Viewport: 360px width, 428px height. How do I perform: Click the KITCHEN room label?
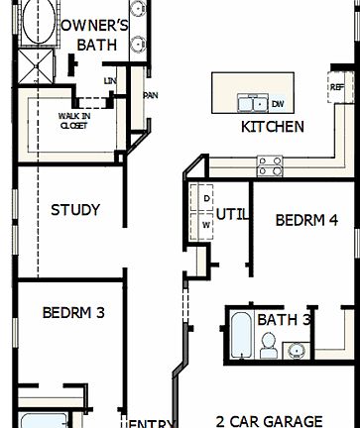(x=273, y=127)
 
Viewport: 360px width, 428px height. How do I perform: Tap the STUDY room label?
(x=75, y=210)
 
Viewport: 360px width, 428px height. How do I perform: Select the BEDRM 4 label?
(x=307, y=220)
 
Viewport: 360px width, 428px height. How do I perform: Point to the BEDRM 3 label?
(x=72, y=312)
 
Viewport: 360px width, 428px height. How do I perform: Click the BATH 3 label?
(x=285, y=320)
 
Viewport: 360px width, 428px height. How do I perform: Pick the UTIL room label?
(x=231, y=212)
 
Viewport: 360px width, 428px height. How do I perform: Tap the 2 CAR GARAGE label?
(x=270, y=420)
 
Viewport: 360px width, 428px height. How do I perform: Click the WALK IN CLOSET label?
(x=72, y=121)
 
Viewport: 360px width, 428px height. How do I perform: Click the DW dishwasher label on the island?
(x=278, y=103)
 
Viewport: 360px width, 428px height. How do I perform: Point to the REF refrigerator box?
(x=336, y=87)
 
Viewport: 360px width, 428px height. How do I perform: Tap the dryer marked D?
(x=206, y=198)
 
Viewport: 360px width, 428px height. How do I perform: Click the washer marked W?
(x=206, y=225)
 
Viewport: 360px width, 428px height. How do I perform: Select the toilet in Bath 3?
(x=268, y=345)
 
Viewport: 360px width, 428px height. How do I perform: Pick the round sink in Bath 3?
(x=295, y=349)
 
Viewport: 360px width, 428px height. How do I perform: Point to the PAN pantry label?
(x=151, y=96)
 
